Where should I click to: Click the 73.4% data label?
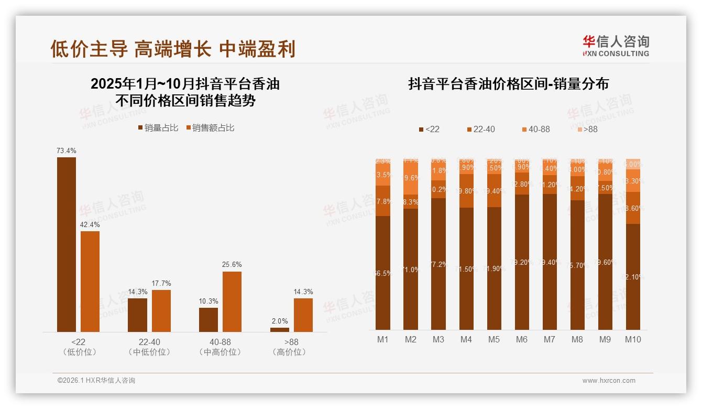point(67,151)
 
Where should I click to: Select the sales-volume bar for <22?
point(67,244)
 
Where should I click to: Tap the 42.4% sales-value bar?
point(90,281)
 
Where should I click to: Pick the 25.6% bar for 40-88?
point(232,302)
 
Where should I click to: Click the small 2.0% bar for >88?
point(280,330)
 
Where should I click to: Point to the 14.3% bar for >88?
point(303,315)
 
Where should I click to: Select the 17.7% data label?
point(161,284)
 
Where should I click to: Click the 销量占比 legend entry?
point(158,128)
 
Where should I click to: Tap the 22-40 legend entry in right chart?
point(480,130)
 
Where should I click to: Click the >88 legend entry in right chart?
point(587,130)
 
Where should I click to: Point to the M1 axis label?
point(383,340)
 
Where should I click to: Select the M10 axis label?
point(633,340)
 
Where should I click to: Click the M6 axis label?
point(522,340)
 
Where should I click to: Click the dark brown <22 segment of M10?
point(633,277)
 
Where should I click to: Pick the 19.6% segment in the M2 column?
point(411,178)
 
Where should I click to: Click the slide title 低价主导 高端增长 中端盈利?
point(173,49)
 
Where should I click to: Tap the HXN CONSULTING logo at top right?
point(616,46)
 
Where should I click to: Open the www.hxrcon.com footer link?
point(609,381)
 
